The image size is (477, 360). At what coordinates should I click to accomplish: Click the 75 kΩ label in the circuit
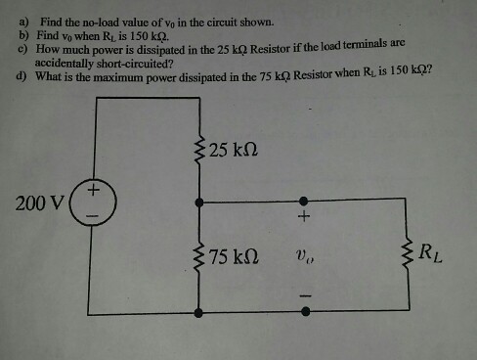(x=235, y=256)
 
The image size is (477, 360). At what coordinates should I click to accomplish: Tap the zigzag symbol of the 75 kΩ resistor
(x=199, y=256)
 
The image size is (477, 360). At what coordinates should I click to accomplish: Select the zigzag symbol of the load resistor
(x=405, y=255)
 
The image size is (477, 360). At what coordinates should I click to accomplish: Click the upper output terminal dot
(x=304, y=200)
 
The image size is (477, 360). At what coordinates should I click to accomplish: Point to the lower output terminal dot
(x=304, y=312)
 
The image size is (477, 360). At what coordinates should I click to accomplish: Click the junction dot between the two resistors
(x=199, y=200)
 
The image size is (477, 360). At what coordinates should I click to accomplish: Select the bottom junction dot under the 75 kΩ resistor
(x=199, y=312)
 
